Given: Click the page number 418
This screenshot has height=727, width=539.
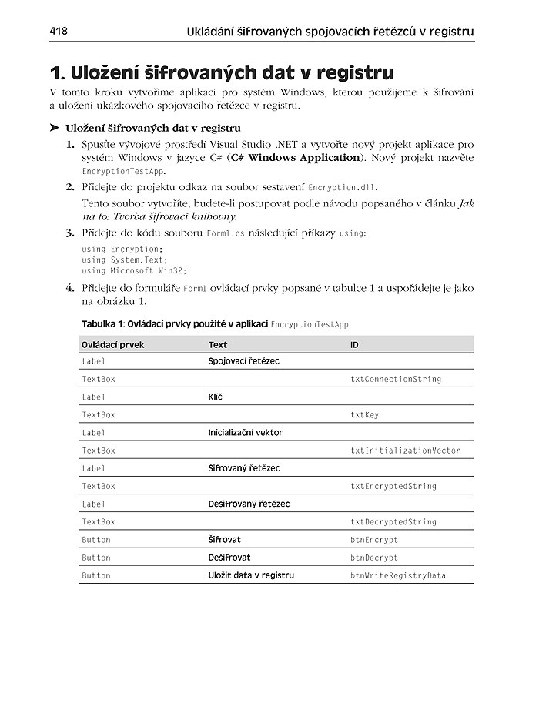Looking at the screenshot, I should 59,31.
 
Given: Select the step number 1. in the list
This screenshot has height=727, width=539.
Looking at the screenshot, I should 69,144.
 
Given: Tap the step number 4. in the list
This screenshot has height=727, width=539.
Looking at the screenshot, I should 69,288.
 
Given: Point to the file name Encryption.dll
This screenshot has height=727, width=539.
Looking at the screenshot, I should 343,187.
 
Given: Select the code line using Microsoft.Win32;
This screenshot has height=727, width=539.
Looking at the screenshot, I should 134,270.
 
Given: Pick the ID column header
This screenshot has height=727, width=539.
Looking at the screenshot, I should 354,344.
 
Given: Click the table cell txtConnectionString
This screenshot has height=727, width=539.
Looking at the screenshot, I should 396,379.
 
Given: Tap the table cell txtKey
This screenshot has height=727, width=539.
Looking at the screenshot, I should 364,414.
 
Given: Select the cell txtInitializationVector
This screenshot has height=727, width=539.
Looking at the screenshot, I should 405,451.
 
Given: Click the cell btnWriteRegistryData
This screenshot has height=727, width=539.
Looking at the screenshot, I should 398,575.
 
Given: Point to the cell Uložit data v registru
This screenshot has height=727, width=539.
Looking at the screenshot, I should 251,575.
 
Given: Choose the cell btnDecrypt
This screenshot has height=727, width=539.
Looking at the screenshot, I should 374,558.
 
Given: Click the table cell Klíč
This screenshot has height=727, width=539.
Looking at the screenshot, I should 216,397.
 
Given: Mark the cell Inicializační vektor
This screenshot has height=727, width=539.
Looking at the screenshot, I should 245,432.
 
